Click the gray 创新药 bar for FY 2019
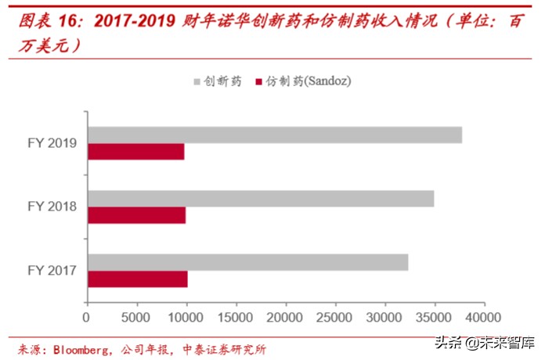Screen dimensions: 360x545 (x=274, y=135)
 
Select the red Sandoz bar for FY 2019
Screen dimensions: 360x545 (x=136, y=152)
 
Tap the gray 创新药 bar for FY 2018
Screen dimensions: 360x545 (x=260, y=199)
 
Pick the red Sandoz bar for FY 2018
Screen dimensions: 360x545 (x=137, y=215)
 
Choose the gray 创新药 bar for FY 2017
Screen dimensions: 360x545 (x=247, y=262)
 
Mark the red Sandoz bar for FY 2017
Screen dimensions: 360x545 (x=138, y=279)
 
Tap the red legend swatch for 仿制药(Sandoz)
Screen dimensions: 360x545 (x=258, y=81)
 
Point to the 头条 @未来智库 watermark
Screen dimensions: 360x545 (x=486, y=342)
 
